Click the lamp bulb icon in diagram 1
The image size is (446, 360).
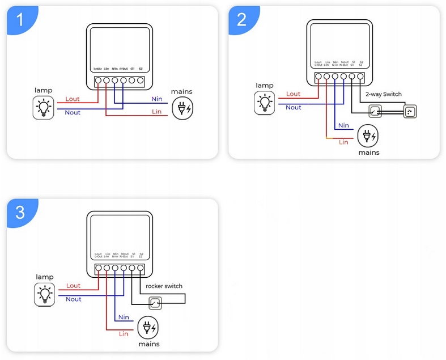[x=44, y=107]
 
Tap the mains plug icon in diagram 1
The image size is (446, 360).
[x=182, y=107]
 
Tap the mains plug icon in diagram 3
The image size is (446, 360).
[x=148, y=328]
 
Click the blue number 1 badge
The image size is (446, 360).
[x=20, y=20]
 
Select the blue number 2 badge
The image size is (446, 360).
[x=242, y=20]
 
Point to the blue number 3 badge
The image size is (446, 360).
[x=20, y=213]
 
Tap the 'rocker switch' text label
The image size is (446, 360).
[x=164, y=286]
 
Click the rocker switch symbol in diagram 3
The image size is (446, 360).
[x=154, y=303]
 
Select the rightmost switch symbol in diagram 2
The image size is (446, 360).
[x=410, y=112]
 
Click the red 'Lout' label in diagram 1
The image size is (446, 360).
[x=73, y=99]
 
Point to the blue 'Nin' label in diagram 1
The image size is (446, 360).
[x=156, y=99]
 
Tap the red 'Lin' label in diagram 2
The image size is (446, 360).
[x=343, y=142]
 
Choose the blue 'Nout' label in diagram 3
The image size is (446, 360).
[x=74, y=299]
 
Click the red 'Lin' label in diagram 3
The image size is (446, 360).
[x=124, y=334]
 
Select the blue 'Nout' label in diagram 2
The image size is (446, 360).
[x=294, y=108]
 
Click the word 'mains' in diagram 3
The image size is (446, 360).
[x=148, y=344]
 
